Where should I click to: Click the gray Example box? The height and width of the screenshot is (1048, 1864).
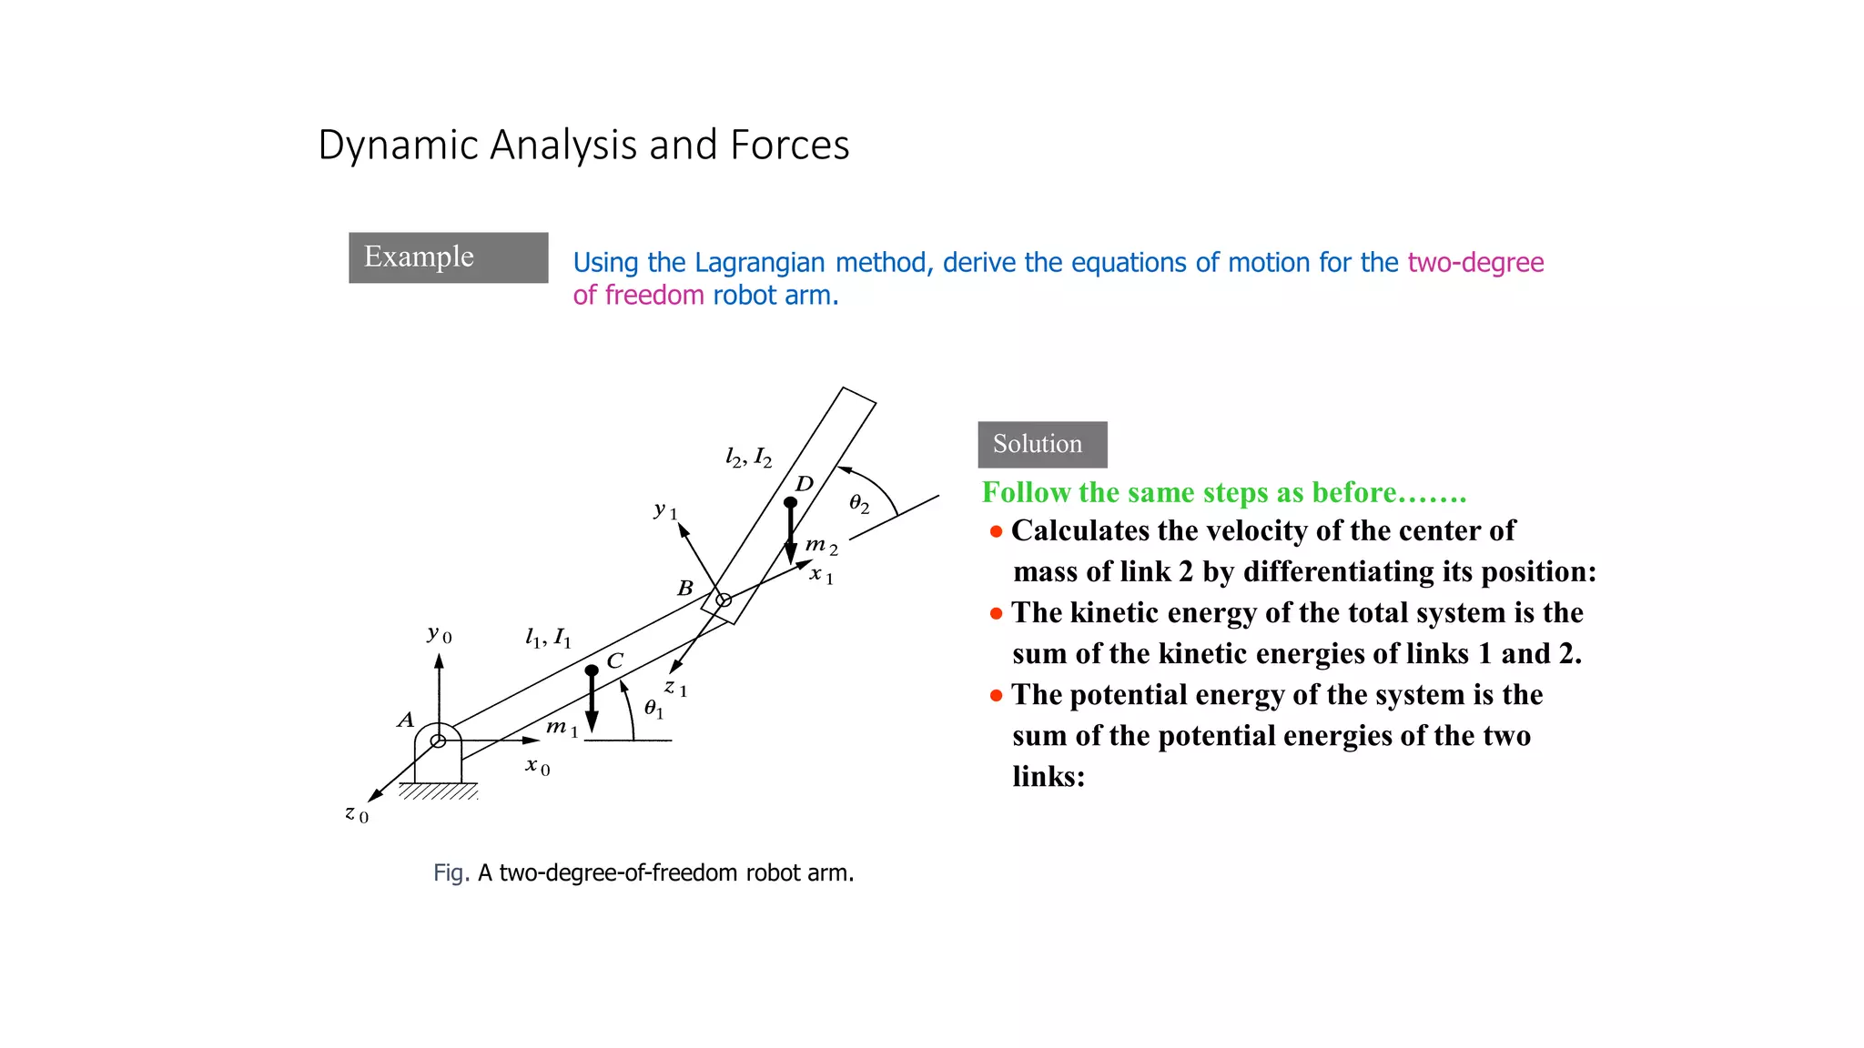[x=448, y=257]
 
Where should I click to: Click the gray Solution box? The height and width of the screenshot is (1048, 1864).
[x=1042, y=444]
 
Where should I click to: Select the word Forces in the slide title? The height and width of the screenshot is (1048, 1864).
[x=789, y=146]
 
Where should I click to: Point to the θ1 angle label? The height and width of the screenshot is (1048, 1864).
[x=653, y=709]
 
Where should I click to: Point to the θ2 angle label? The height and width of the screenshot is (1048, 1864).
[x=858, y=503]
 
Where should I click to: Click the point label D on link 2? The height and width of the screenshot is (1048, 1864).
[x=805, y=483]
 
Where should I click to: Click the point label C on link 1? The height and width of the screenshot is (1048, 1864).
[x=615, y=660]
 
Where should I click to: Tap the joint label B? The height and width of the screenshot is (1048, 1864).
[x=685, y=589]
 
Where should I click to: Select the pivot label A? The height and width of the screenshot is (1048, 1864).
[x=406, y=720]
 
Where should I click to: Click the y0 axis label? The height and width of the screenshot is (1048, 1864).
[x=439, y=634]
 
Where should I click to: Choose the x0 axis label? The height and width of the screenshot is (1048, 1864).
[x=537, y=766]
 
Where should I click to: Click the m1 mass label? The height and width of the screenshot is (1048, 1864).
[x=561, y=727]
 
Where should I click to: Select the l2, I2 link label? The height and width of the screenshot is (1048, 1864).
[x=748, y=457]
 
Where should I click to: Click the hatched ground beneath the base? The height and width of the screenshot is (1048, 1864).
[x=439, y=791]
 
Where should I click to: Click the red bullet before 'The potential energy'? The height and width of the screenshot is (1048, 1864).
[x=996, y=696]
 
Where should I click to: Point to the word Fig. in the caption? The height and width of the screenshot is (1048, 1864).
[x=451, y=873]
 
